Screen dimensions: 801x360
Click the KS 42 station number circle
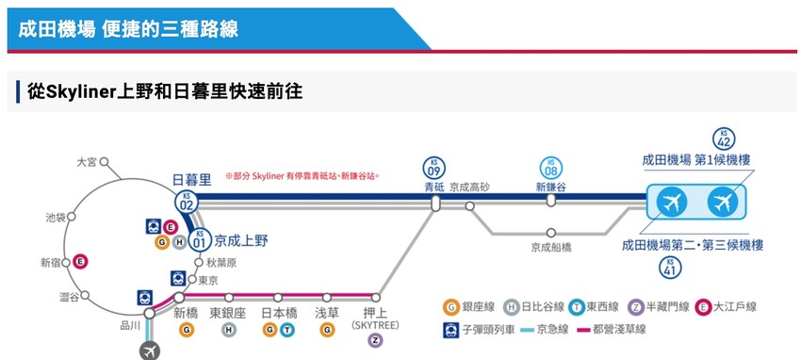[x=724, y=139]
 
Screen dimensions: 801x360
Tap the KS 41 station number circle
[x=670, y=269]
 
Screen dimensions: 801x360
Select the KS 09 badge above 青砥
[x=433, y=168]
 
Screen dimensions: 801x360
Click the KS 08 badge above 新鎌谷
[x=550, y=168]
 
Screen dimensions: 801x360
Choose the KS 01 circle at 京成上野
[x=198, y=241]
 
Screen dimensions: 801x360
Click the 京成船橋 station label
[x=550, y=248]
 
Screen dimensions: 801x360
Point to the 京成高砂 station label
[x=469, y=187]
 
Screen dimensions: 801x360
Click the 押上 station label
[x=376, y=313]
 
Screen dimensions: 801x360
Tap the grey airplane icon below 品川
[x=149, y=350]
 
